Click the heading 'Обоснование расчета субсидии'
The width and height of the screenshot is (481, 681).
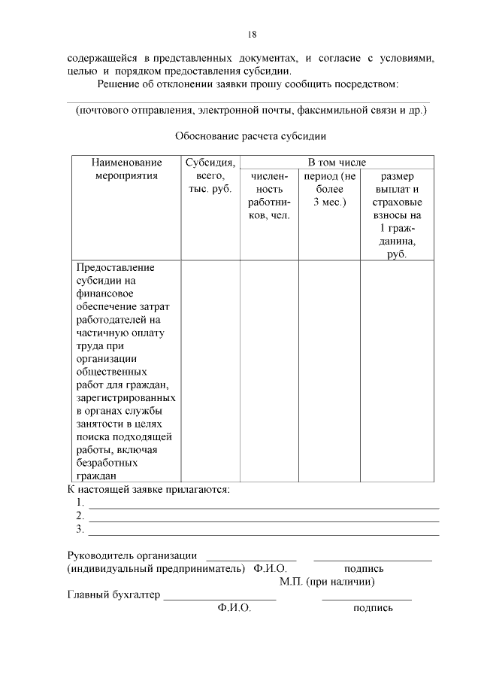tap(250, 136)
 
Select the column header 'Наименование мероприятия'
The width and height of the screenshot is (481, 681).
tap(126, 169)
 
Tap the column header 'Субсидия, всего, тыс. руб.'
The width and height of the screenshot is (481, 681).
tap(210, 175)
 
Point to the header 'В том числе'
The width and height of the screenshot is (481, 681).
tap(337, 162)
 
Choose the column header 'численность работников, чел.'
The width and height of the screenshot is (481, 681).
tap(269, 196)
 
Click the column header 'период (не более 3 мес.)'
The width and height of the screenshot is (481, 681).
tap(329, 189)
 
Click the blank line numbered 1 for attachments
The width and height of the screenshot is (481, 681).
tap(263, 503)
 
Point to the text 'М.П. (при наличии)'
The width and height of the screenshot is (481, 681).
tap(327, 582)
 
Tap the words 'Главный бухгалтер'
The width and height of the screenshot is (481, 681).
tap(113, 595)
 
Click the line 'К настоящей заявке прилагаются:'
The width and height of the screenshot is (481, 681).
tap(148, 489)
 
